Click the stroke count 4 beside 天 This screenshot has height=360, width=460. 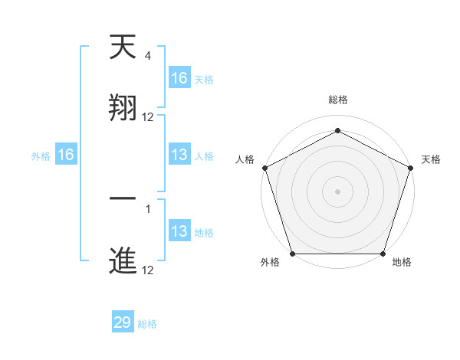tap(148, 56)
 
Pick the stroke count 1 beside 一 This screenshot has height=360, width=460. tap(148, 208)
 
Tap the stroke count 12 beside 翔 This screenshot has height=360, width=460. tap(148, 117)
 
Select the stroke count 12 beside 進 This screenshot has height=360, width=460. tap(148, 270)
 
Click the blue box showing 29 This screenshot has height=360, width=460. tap(123, 322)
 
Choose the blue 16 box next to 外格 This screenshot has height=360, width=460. tap(66, 155)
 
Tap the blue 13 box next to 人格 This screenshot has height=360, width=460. tap(179, 155)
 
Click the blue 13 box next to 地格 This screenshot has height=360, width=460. tap(179, 231)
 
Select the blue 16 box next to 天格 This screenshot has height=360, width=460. tap(179, 78)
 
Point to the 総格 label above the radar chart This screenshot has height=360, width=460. tap(338, 100)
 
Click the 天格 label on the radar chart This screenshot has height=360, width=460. tap(432, 159)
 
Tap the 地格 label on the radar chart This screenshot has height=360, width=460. tap(402, 263)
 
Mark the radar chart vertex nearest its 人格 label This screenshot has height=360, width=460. tap(264, 168)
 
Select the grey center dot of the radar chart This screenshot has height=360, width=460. tap(337, 191)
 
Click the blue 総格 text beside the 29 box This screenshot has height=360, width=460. tap(147, 324)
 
